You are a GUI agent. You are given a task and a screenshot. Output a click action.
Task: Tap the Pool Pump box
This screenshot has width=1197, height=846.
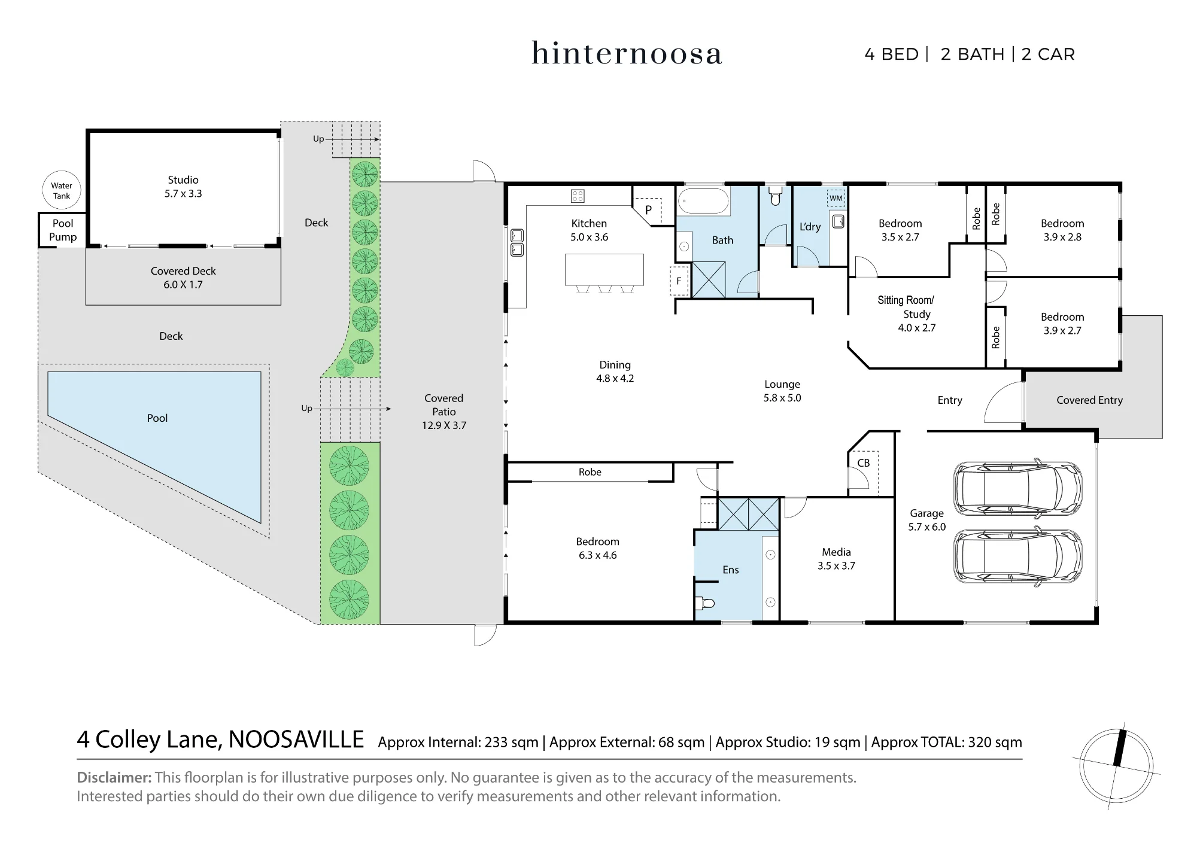[x=62, y=230]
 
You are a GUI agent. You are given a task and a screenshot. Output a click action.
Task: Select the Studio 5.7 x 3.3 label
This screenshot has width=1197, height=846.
[x=183, y=187]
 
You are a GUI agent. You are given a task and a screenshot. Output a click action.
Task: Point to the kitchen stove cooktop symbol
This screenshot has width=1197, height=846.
[x=578, y=196]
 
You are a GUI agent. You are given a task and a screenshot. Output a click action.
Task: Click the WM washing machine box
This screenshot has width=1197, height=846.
[x=836, y=198]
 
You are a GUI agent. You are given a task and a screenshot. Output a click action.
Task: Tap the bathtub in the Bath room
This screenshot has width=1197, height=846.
[x=704, y=202]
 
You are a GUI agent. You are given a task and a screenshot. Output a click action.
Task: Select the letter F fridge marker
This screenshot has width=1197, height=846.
[x=679, y=281]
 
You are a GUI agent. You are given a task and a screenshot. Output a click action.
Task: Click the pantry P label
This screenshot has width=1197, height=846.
[x=648, y=210]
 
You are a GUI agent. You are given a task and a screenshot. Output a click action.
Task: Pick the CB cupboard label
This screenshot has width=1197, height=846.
[x=863, y=462]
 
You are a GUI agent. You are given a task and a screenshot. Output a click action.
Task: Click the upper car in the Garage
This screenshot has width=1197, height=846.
[x=1017, y=488]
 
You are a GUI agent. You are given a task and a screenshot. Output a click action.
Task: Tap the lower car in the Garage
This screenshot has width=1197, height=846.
[x=1017, y=555]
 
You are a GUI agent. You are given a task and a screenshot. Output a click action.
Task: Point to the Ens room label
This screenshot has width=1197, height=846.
[x=731, y=570]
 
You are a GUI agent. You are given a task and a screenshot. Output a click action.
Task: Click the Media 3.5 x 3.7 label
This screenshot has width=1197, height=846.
[x=836, y=559]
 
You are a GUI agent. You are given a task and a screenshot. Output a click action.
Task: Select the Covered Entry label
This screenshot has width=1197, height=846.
[x=1089, y=400]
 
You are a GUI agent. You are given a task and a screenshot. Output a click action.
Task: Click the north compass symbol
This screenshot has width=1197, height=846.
[x=1116, y=765]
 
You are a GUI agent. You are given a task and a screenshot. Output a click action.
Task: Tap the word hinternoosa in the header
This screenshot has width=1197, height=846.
[x=627, y=53]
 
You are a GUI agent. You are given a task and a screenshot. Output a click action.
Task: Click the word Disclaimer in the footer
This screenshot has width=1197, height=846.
[x=114, y=777]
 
